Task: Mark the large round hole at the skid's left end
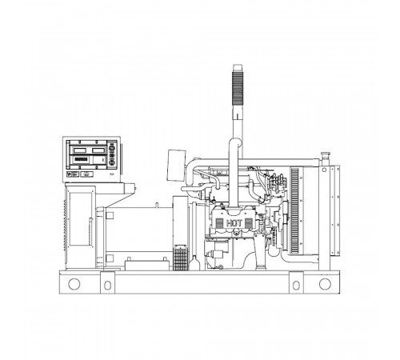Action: click(74, 283)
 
